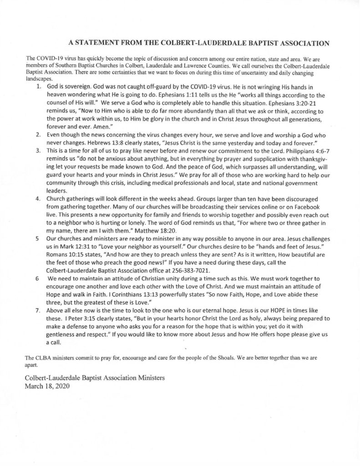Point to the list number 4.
pos(37,199)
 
